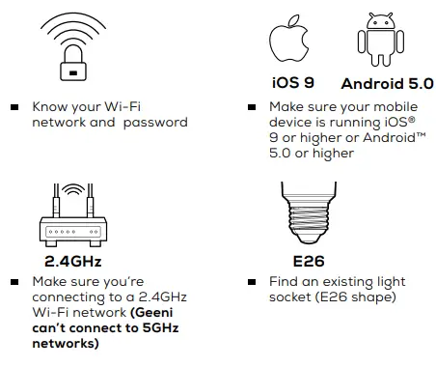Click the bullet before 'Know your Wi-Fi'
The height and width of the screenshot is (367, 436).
point(14,107)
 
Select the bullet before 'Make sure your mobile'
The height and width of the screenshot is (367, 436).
point(251,107)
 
